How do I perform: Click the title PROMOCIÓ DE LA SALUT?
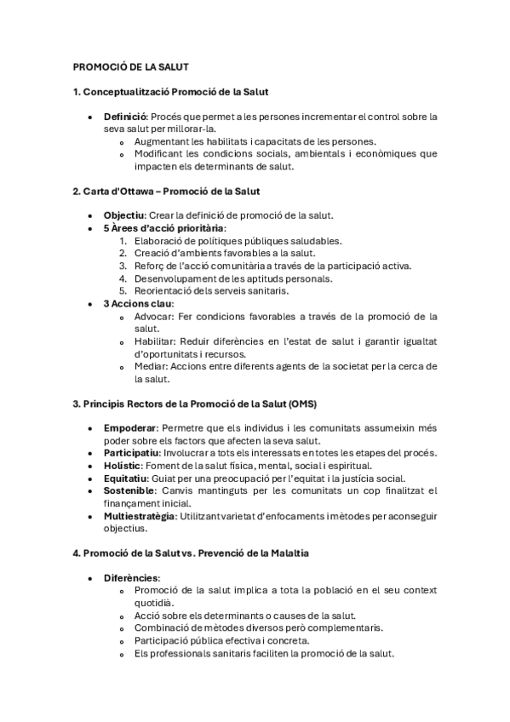tap(130, 66)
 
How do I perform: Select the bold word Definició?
tap(125, 116)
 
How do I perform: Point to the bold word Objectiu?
tap(124, 215)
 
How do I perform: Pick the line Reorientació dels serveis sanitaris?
tap(211, 290)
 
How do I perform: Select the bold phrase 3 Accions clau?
tap(138, 303)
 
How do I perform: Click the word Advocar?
tap(152, 316)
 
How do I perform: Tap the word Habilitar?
tap(153, 341)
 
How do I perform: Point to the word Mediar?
tap(150, 366)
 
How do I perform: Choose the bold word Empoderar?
tap(130, 427)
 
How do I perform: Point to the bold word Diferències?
tap(131, 578)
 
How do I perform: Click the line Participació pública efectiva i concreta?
tap(221, 640)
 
